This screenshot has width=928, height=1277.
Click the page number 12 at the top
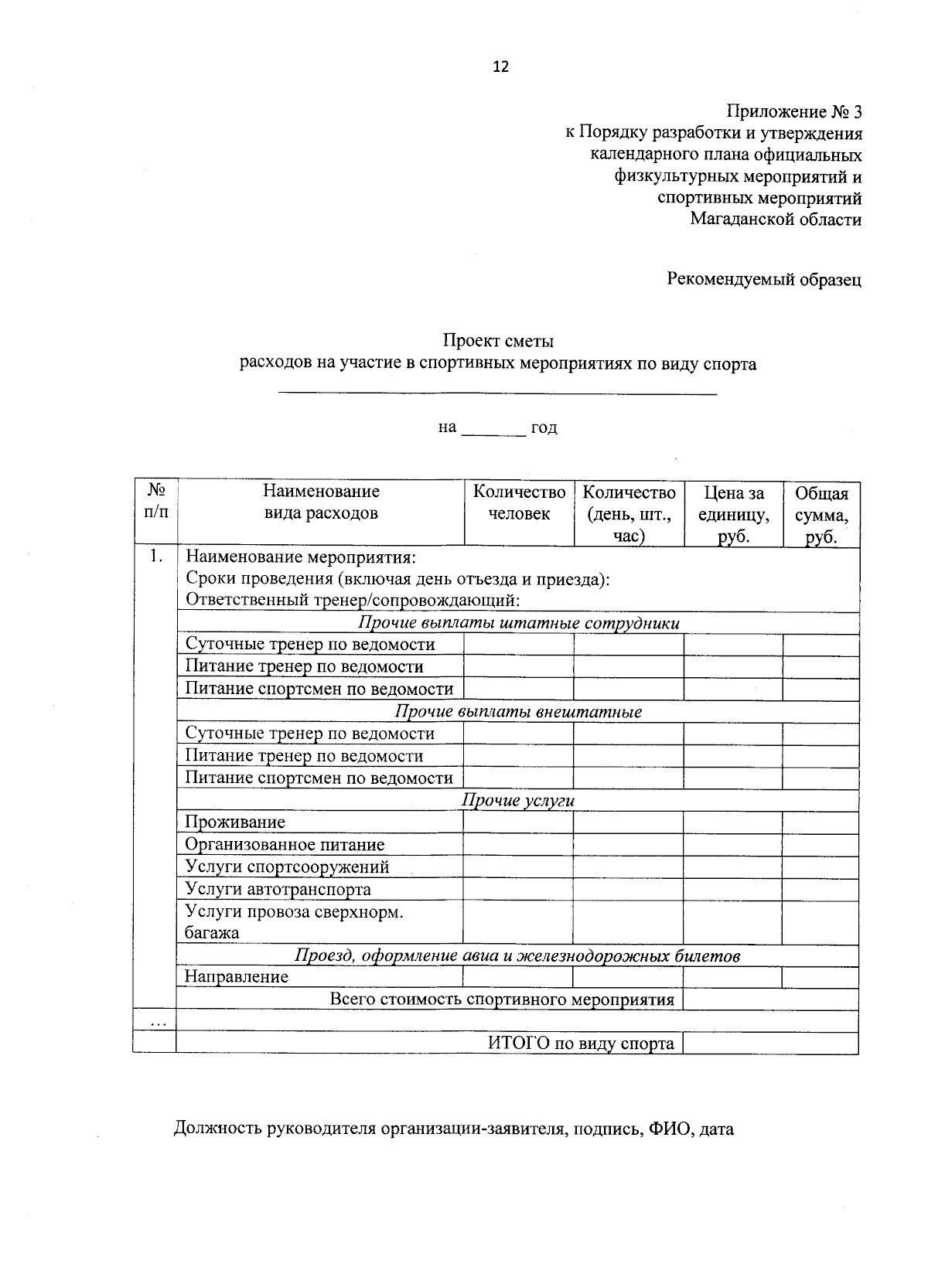(x=500, y=66)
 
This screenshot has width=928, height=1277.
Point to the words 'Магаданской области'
(x=776, y=220)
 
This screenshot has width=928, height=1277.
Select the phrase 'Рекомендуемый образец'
(x=764, y=279)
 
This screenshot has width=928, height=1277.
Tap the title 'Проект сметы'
(x=498, y=340)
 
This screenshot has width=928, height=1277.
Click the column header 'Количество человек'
(x=519, y=503)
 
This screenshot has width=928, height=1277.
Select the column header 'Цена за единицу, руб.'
(x=733, y=514)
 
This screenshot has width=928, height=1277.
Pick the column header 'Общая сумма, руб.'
(x=821, y=514)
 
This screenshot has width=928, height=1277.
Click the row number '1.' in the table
(x=156, y=557)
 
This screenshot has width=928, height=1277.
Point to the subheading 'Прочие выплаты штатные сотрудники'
(x=518, y=623)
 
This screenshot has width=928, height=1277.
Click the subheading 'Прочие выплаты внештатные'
(x=518, y=712)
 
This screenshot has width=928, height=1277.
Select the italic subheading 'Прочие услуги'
(x=518, y=801)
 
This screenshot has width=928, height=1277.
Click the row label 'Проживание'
(x=235, y=822)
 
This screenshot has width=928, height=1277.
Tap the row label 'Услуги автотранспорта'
(x=278, y=890)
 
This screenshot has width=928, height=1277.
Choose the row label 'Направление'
(x=237, y=977)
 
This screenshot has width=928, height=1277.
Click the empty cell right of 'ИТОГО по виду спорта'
(x=770, y=1044)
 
